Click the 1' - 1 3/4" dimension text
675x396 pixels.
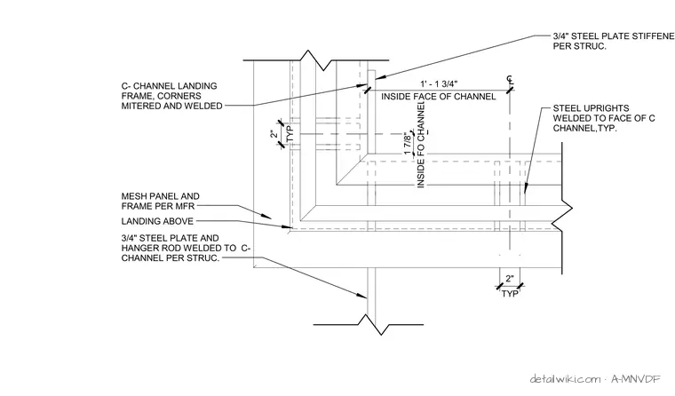(439, 83)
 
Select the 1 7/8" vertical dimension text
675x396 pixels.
(408, 144)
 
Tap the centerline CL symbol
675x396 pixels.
(510, 79)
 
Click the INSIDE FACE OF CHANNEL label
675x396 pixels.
(438, 97)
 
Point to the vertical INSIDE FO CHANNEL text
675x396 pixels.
(421, 145)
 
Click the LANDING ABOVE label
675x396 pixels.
(157, 221)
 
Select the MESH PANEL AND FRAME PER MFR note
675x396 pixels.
(160, 201)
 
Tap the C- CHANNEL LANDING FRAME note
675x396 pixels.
(171, 96)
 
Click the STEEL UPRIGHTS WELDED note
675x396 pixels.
(604, 118)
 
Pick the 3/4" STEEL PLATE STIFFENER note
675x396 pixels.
(614, 41)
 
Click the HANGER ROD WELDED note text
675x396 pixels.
(186, 248)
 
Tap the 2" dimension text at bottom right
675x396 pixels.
(510, 279)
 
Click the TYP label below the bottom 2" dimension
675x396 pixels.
(510, 294)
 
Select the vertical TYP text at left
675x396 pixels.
(290, 133)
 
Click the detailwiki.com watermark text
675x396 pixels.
(565, 379)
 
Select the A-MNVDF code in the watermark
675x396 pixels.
(636, 379)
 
